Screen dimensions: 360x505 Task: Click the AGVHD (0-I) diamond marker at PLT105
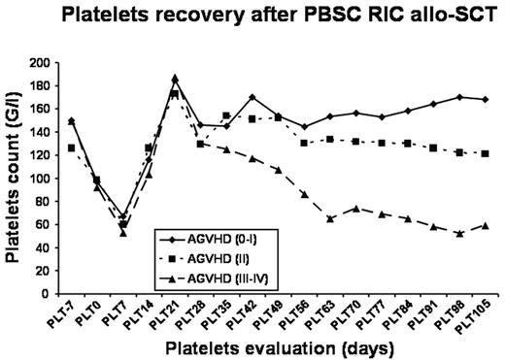point(486,99)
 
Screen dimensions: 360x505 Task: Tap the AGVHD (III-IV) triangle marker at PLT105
point(486,225)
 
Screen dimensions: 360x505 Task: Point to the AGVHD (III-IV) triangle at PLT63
point(331,218)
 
